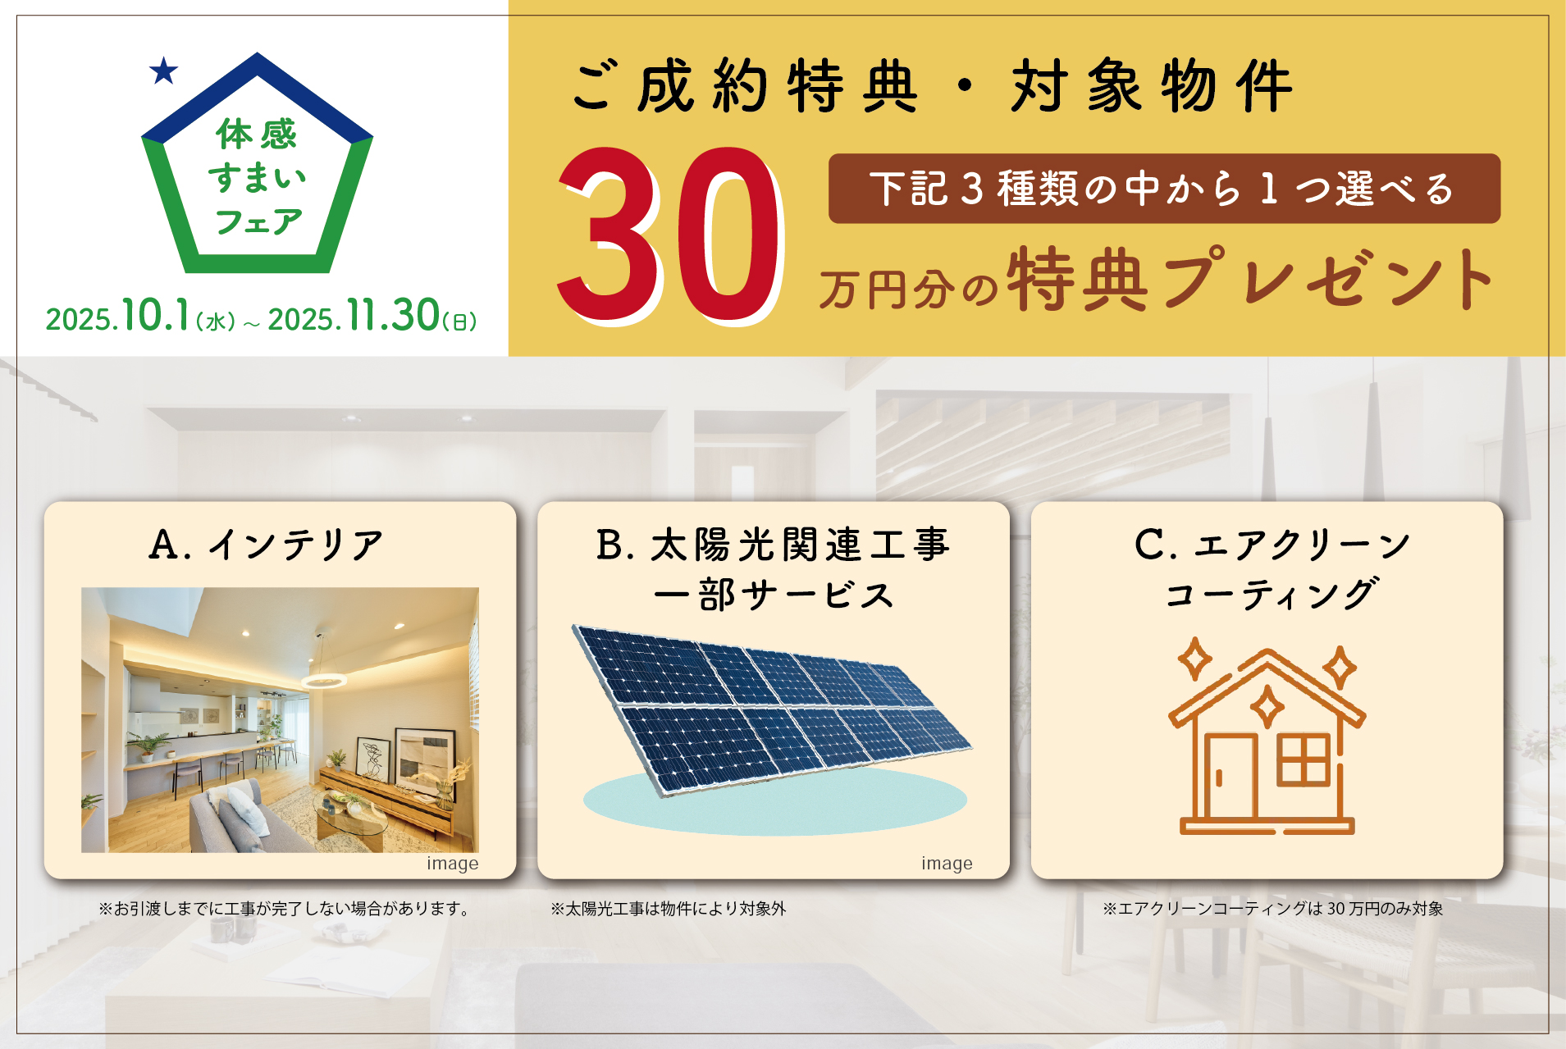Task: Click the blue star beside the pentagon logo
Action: pyautogui.click(x=164, y=71)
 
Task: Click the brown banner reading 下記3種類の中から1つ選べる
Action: pyautogui.click(x=1164, y=189)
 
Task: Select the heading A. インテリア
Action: pyautogui.click(x=267, y=545)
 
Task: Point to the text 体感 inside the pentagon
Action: pyautogui.click(x=257, y=134)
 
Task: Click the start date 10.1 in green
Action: pyautogui.click(x=156, y=316)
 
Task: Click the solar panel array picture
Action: pyautogui.click(x=772, y=709)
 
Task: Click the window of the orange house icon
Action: pyautogui.click(x=1303, y=760)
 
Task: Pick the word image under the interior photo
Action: pyautogui.click(x=452, y=864)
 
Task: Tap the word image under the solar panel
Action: pyautogui.click(x=947, y=864)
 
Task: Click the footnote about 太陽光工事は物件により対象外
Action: pyautogui.click(x=668, y=909)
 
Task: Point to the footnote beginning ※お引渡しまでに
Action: pyautogui.click(x=285, y=909)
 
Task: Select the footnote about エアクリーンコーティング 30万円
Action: pyautogui.click(x=1272, y=909)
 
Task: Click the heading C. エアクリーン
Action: pyautogui.click(x=1272, y=545)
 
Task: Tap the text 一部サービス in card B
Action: pyautogui.click(x=774, y=595)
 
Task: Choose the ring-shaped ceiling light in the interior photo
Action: pyautogui.click(x=323, y=680)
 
